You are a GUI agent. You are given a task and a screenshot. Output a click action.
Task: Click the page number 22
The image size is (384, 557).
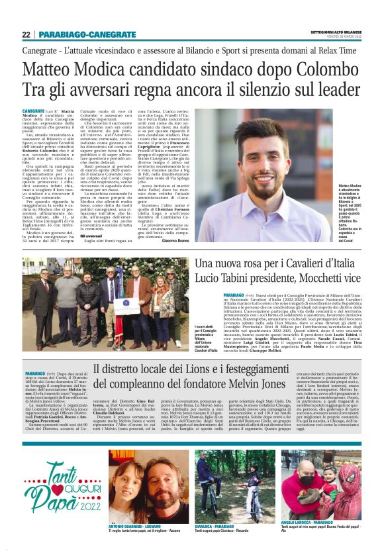pos(26,34)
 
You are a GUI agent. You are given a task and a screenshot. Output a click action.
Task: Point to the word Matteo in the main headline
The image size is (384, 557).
pos(69,68)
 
